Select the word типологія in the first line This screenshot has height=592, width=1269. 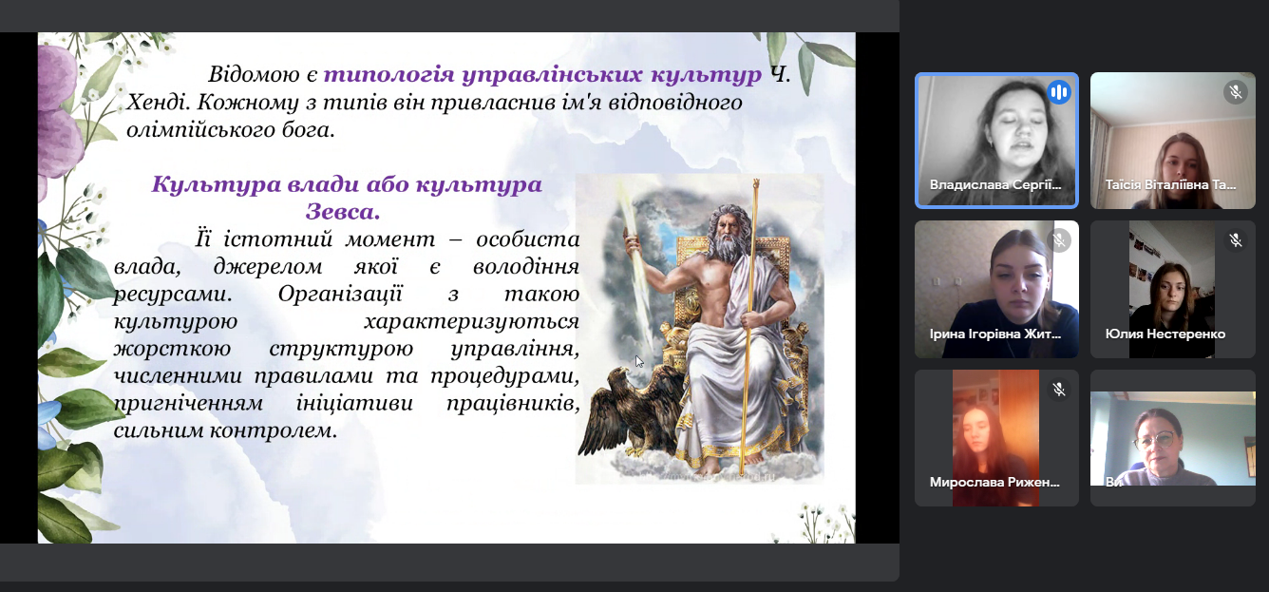pyautogui.click(x=388, y=74)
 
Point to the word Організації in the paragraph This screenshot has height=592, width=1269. pyautogui.click(x=340, y=294)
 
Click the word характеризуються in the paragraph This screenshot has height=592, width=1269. pyautogui.click(x=471, y=321)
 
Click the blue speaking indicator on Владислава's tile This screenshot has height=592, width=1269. pyautogui.click(x=1058, y=92)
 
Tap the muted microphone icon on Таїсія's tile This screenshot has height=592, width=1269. pyautogui.click(x=1236, y=92)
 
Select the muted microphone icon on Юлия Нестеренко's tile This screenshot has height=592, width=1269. pyautogui.click(x=1236, y=240)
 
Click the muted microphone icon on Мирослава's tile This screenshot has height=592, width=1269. pyautogui.click(x=1059, y=390)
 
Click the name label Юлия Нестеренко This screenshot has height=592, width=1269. pyautogui.click(x=1165, y=334)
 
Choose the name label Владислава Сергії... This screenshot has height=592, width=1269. pyautogui.click(x=995, y=184)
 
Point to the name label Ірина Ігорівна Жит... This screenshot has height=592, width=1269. pyautogui.click(x=995, y=334)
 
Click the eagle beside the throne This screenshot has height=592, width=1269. pyautogui.click(x=632, y=412)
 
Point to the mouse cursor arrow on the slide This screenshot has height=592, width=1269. pyautogui.click(x=639, y=361)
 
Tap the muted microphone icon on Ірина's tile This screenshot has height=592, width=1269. pyautogui.click(x=1059, y=240)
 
